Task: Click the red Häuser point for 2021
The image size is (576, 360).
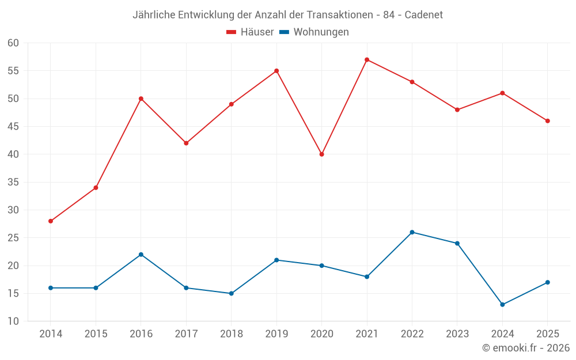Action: [367, 60]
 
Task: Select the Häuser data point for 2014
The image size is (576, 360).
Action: [51, 221]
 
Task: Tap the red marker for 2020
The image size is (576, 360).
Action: [322, 154]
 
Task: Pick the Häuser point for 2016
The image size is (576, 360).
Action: [141, 99]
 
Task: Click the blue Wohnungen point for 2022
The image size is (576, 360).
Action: [412, 232]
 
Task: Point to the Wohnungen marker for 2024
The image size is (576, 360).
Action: [502, 305]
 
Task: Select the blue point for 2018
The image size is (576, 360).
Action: [232, 294]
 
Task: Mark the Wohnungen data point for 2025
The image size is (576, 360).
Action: [548, 282]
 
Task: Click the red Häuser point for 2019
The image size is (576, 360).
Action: [276, 71]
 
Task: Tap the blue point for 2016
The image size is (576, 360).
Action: [141, 255]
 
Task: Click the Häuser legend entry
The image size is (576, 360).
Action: [250, 32]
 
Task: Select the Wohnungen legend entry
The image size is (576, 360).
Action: [314, 32]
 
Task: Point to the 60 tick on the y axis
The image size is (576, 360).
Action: [13, 43]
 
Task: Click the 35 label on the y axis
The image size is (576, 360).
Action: [13, 182]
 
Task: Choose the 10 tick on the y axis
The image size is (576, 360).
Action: [13, 321]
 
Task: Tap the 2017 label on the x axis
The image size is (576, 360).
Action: [186, 334]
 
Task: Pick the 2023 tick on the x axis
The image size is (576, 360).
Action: [457, 334]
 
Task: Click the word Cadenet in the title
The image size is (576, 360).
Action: [423, 15]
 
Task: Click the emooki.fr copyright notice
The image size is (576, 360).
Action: [526, 347]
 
